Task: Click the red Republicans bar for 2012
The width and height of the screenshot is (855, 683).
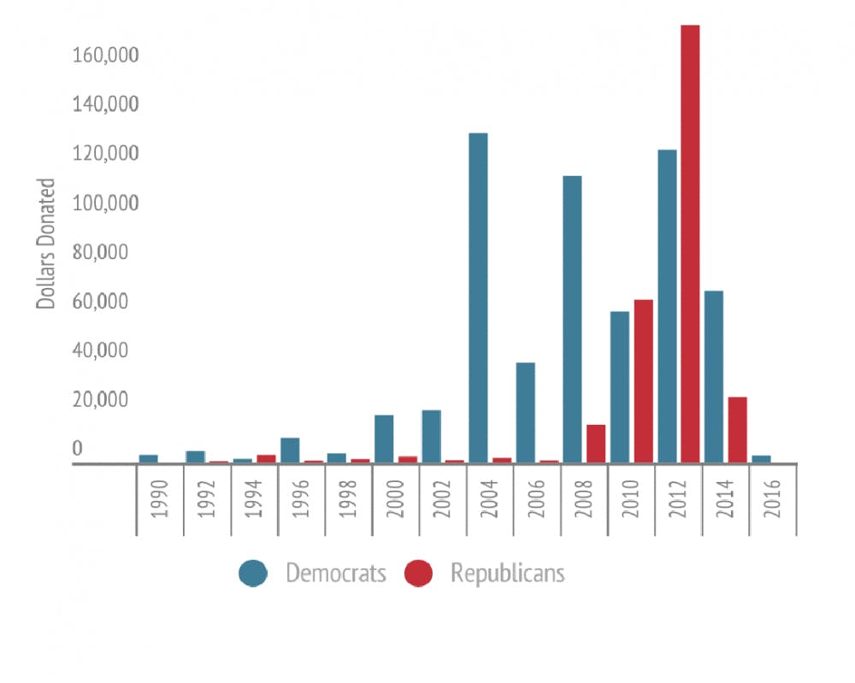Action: pos(690,244)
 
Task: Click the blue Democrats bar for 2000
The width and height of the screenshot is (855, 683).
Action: pos(384,439)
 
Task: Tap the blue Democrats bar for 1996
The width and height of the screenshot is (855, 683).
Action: pos(290,450)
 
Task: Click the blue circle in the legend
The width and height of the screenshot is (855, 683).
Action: pos(253,574)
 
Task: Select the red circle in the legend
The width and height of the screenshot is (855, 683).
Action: pos(418,574)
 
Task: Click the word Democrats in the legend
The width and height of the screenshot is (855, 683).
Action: pos(335,573)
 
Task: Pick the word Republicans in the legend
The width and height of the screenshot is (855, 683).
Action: pos(507,573)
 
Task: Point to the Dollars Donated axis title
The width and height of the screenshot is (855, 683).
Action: pos(46,243)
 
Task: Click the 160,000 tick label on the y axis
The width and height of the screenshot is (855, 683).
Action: pos(106,56)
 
